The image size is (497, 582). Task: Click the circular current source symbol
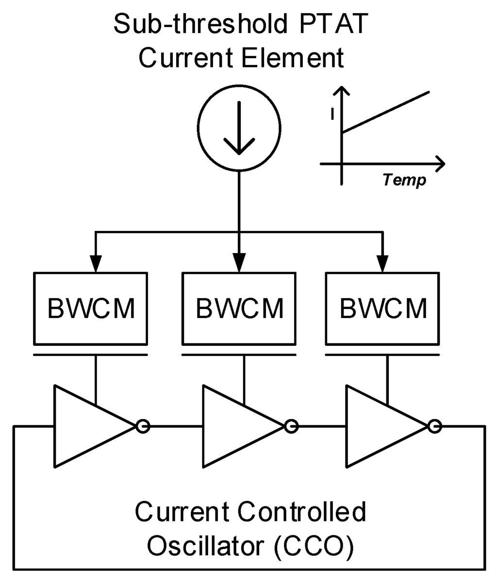(239, 129)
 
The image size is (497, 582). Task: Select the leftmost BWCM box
(91, 308)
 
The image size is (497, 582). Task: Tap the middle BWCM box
(239, 308)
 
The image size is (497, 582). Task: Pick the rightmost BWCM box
(382, 308)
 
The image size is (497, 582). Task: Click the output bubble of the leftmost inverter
(143, 427)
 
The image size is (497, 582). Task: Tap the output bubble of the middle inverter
(291, 427)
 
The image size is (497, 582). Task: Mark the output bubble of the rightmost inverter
(435, 427)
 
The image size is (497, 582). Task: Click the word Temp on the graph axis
(404, 180)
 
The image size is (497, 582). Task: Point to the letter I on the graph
(332, 114)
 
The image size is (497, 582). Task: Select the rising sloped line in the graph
(386, 112)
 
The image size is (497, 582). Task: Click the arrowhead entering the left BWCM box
(96, 263)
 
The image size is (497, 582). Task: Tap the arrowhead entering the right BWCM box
(383, 263)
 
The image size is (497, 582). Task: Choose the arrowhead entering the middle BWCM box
(239, 263)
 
